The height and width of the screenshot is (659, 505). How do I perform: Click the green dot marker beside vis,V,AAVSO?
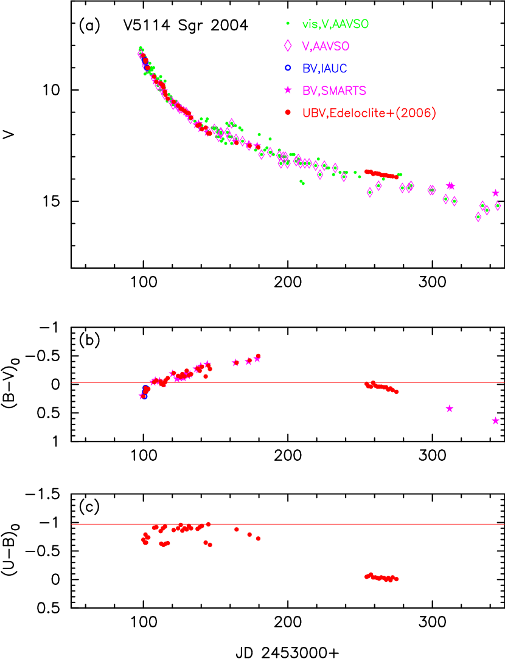(288, 24)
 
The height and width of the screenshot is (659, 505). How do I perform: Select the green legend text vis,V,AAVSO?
(335, 24)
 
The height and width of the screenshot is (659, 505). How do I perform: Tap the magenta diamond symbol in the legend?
(288, 46)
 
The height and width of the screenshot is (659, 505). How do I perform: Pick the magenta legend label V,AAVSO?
(326, 46)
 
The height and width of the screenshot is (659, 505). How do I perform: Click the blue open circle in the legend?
(288, 68)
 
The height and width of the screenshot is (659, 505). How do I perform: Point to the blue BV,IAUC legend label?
(324, 68)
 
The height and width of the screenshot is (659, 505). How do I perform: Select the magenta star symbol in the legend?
(288, 91)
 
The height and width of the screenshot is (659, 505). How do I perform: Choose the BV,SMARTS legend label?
(334, 91)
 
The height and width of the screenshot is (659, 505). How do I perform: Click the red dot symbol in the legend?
(288, 112)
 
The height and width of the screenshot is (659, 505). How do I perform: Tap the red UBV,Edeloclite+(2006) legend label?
(369, 112)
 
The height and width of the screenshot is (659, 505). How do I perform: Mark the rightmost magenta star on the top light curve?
(496, 193)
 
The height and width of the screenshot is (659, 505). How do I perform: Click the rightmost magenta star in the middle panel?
(496, 421)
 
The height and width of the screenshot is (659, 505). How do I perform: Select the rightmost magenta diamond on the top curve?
(498, 206)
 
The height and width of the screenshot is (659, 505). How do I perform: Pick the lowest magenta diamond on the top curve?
(478, 217)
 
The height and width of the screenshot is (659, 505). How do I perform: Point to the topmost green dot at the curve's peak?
(141, 48)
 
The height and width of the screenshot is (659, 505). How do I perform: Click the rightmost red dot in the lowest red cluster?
(397, 579)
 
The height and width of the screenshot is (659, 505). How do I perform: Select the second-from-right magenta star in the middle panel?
(450, 409)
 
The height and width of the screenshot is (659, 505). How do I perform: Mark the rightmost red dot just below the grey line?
(397, 392)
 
